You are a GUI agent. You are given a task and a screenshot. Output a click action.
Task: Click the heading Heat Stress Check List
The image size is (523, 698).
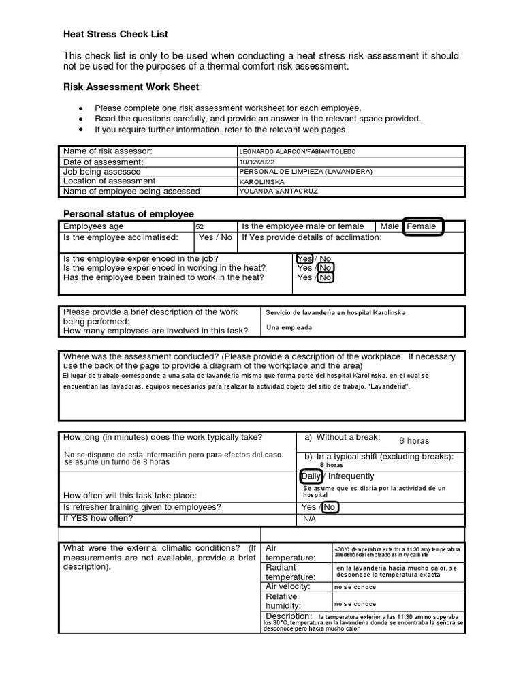[x=115, y=34]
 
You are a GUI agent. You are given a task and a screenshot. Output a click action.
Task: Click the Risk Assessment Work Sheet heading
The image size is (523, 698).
[x=131, y=87]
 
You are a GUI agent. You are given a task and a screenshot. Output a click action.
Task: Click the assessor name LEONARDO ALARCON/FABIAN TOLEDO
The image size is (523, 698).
[x=297, y=151]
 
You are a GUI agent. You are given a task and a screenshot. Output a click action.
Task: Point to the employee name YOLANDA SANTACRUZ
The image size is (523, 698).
[x=278, y=192]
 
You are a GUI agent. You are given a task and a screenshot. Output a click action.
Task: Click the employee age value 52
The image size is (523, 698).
[x=200, y=227]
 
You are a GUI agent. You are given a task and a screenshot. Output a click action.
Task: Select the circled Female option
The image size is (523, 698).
[x=422, y=226]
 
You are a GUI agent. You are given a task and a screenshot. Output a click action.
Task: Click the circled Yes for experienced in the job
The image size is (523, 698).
[x=304, y=259]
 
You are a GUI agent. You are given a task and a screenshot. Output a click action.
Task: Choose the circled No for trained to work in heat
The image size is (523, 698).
[x=326, y=277]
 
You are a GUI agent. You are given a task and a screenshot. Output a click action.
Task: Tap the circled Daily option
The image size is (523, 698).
[x=311, y=476]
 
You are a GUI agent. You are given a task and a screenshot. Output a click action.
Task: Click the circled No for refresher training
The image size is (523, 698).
[x=330, y=507]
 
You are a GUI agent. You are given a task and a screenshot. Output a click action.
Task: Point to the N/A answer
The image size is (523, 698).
[x=310, y=519]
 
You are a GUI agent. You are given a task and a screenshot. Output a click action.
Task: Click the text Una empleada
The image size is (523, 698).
[x=289, y=327]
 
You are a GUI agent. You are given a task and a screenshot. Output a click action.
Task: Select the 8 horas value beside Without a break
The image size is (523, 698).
[x=414, y=441]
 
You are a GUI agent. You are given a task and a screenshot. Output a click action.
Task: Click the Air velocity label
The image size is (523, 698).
[x=287, y=586]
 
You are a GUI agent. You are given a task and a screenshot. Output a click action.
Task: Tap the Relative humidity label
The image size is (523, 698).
[x=281, y=601]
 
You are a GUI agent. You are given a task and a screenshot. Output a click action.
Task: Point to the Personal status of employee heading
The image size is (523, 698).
[x=129, y=214]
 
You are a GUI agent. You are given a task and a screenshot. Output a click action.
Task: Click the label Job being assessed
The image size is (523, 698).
[x=102, y=172]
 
